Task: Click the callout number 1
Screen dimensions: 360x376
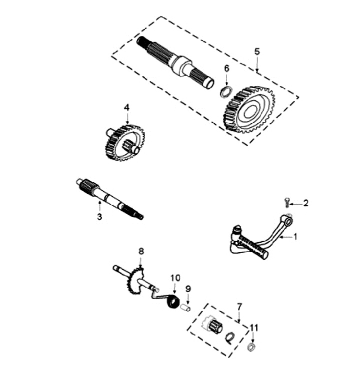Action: coord(295,237)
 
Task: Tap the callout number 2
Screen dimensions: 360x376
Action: coord(306,203)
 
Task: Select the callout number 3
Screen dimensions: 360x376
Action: coord(99,217)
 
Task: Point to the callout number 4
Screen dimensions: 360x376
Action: coord(127,107)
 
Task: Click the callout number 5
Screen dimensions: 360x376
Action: coord(257,51)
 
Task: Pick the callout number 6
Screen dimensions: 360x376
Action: coord(226,68)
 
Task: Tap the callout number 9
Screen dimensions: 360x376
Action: coord(188,288)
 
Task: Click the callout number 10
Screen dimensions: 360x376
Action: coord(174,277)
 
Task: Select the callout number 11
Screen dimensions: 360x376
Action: coord(254,328)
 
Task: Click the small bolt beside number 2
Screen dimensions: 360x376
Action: coord(287,202)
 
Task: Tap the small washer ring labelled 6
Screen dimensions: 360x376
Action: coord(226,91)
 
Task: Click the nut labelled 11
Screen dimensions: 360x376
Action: coord(252,347)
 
